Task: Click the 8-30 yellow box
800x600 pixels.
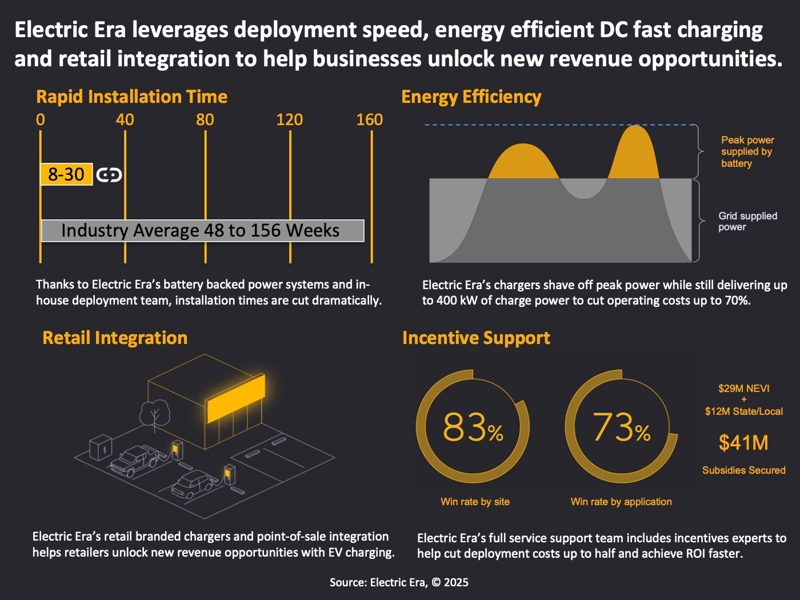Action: point(66,174)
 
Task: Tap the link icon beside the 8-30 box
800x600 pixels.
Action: point(109,175)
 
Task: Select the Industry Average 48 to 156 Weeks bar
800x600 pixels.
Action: point(202,230)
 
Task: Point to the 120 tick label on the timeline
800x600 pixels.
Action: point(289,119)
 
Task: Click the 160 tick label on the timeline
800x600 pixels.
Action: point(369,119)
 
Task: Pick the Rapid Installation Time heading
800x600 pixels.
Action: point(131,97)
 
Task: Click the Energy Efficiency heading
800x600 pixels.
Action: point(471,97)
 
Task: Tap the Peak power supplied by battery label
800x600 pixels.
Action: point(747,151)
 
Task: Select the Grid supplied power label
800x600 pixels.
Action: point(747,221)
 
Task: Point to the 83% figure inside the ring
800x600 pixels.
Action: point(473,427)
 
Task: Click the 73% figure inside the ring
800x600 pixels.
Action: point(622,427)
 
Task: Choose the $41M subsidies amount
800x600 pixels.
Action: point(743,443)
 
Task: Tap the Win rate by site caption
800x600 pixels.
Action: point(475,502)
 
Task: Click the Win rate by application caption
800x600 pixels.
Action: point(621,502)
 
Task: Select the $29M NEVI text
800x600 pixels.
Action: point(743,389)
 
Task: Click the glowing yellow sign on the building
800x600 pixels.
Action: point(235,398)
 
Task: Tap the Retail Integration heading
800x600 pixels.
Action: point(115,338)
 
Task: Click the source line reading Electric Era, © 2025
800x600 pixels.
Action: point(399,582)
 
